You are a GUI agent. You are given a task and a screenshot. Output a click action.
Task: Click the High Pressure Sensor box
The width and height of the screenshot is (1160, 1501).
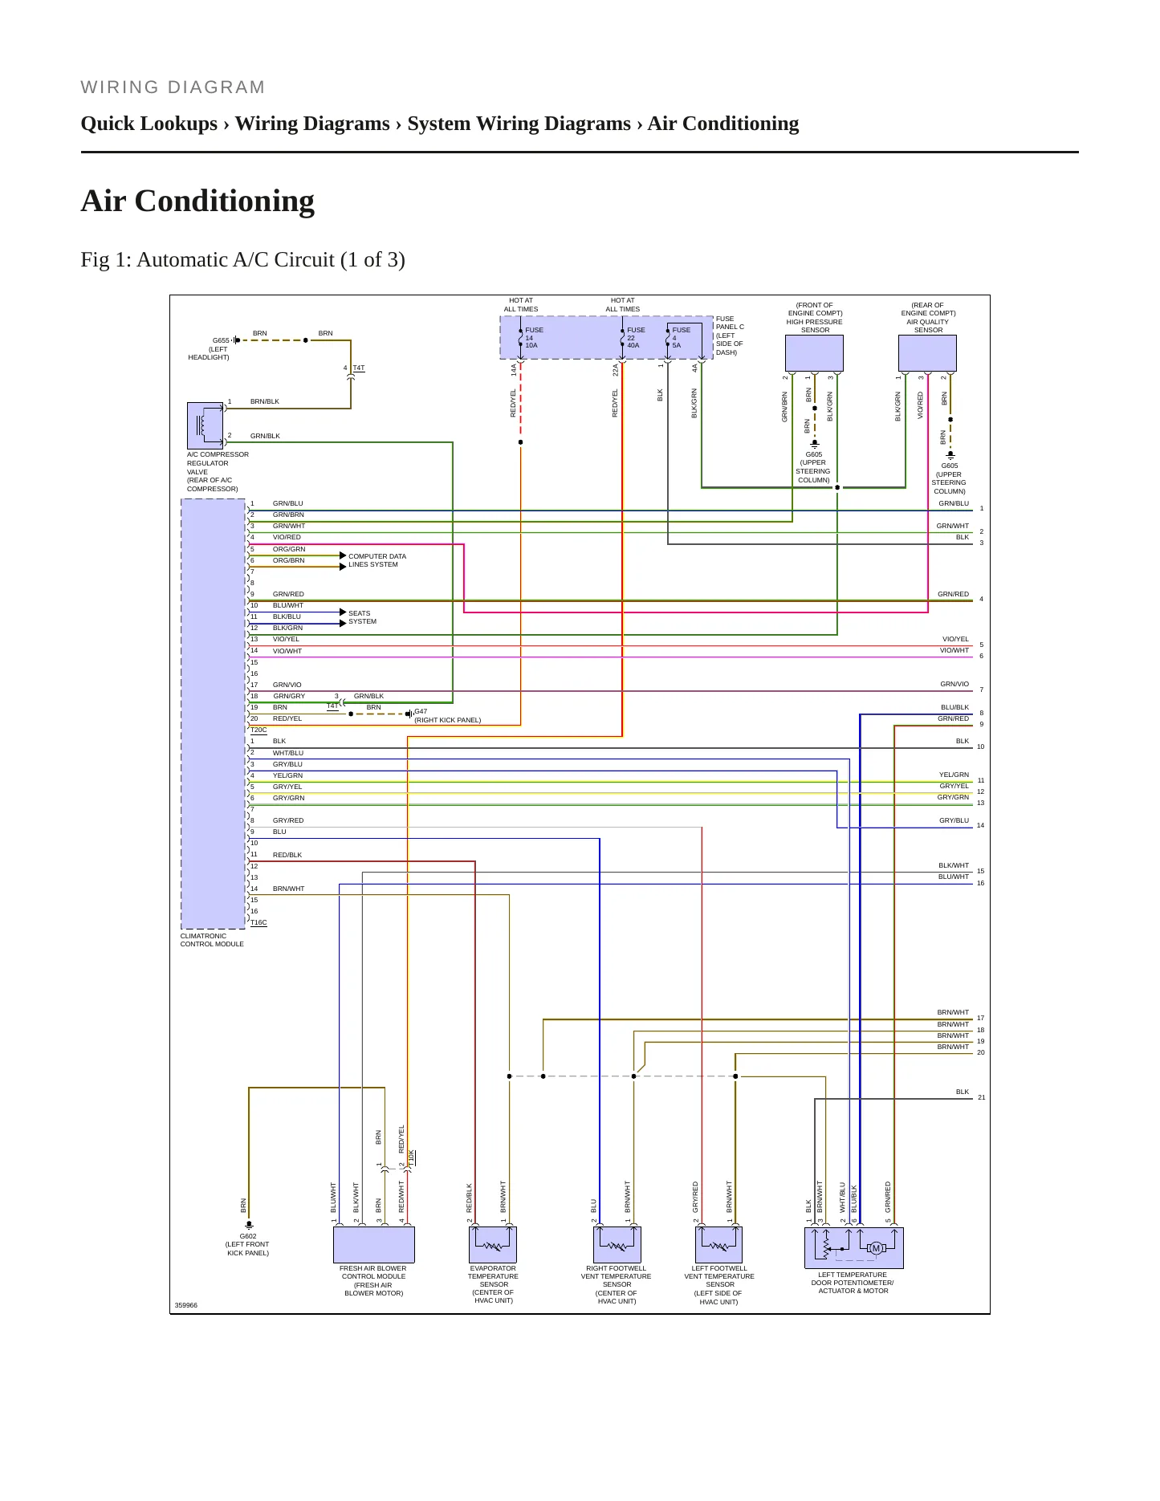(x=814, y=353)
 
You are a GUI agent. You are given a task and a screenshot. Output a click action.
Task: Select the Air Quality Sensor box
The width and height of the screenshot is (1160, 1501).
(x=927, y=353)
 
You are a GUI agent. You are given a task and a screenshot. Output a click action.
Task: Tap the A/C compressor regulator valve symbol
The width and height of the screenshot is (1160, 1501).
(x=206, y=425)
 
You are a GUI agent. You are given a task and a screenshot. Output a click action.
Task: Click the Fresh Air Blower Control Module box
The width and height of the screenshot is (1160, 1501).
(x=374, y=1245)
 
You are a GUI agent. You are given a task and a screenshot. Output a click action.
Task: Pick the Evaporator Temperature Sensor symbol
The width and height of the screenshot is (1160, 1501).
(x=493, y=1245)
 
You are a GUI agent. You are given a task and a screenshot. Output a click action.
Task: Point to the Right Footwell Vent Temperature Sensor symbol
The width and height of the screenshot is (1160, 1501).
(x=617, y=1245)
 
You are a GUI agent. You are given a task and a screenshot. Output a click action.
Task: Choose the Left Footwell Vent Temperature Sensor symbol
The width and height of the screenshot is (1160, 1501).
(x=718, y=1245)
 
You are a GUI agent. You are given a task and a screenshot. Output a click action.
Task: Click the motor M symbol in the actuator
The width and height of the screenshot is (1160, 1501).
(x=876, y=1248)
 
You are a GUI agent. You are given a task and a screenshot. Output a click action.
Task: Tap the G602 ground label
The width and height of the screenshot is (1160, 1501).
(x=248, y=1236)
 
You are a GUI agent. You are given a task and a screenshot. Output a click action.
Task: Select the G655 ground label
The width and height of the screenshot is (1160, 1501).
(x=221, y=340)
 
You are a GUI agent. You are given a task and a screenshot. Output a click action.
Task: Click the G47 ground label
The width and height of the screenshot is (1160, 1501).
(x=421, y=711)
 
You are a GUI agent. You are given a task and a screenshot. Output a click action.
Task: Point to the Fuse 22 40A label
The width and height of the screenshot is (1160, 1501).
(x=635, y=338)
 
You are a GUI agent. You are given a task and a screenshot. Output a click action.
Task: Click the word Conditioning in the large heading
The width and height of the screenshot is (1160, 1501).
(x=225, y=201)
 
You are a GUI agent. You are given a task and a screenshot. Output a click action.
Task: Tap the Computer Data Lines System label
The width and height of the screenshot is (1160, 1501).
(x=377, y=560)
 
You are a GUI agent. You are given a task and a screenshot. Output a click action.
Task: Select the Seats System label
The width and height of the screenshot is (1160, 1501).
(x=362, y=617)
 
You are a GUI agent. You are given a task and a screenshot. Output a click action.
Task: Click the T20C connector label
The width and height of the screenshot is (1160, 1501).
(x=258, y=730)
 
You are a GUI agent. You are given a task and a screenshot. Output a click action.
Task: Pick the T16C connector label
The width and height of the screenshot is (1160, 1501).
(x=258, y=923)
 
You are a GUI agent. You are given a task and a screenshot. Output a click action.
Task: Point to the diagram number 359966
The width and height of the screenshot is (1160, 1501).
(x=186, y=1305)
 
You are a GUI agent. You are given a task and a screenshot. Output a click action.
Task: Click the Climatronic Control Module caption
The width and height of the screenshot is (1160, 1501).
(x=212, y=940)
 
